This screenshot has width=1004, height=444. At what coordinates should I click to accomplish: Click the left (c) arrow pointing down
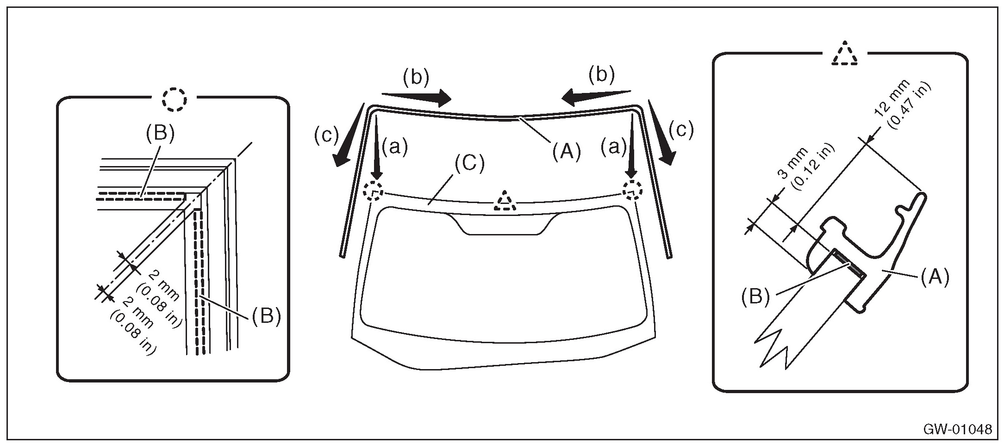(x=350, y=136)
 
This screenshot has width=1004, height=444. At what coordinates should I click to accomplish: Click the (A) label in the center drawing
(x=565, y=151)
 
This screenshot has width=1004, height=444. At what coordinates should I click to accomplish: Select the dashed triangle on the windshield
(x=507, y=202)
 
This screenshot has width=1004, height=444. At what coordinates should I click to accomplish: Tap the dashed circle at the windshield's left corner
(x=373, y=191)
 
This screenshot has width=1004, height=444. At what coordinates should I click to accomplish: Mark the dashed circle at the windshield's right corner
(x=632, y=190)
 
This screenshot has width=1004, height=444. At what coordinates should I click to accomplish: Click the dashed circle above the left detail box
(x=175, y=98)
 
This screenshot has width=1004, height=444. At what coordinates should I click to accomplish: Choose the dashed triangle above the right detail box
(x=845, y=55)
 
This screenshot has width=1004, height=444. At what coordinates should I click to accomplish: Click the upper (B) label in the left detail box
(x=160, y=134)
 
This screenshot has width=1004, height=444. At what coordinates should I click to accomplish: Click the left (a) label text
(x=394, y=148)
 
